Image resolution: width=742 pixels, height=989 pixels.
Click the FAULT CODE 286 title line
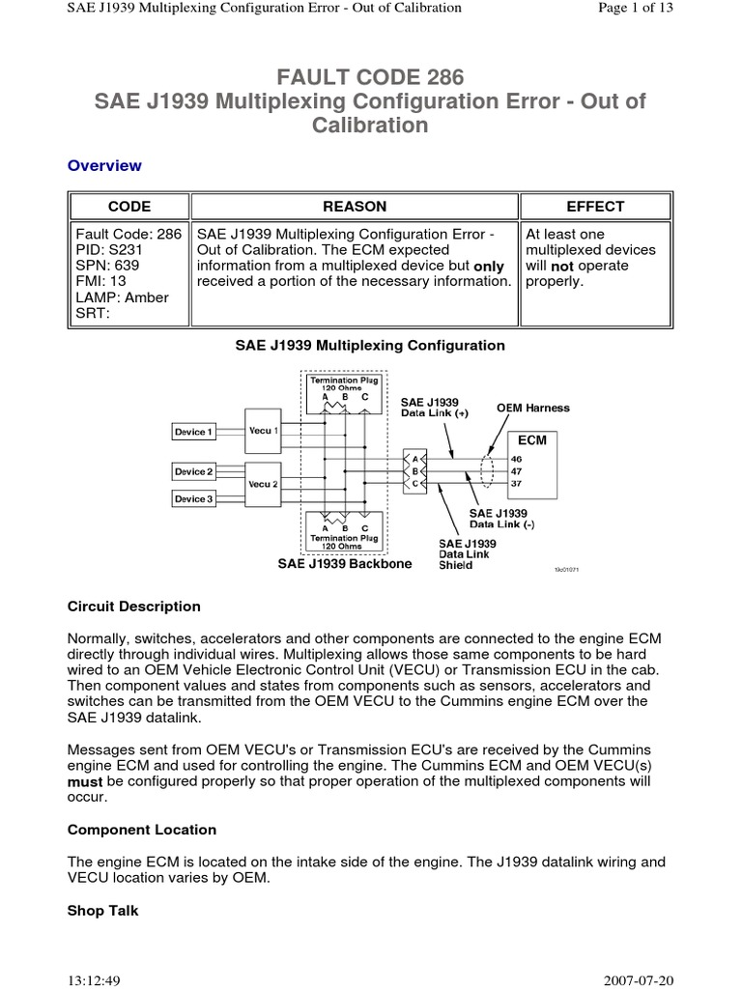(370, 77)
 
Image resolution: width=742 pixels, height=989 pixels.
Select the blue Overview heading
(104, 165)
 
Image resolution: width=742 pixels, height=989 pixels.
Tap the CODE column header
(128, 207)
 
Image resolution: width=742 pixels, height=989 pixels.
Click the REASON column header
(355, 207)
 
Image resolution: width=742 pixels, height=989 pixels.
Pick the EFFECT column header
(595, 207)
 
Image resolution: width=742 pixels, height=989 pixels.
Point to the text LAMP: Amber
(117, 297)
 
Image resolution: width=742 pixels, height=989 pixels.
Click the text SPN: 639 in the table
(102, 266)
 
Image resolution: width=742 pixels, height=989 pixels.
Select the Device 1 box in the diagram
(193, 432)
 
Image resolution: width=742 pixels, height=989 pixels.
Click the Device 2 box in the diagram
(193, 471)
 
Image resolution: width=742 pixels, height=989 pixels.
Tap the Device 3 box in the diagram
(193, 498)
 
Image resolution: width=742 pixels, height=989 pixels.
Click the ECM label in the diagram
(531, 439)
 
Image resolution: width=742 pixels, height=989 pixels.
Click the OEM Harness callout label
(532, 408)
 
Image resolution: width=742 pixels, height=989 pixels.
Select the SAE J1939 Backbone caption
(344, 563)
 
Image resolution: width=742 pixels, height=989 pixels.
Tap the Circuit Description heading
(134, 607)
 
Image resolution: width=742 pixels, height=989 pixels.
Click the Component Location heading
(142, 830)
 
